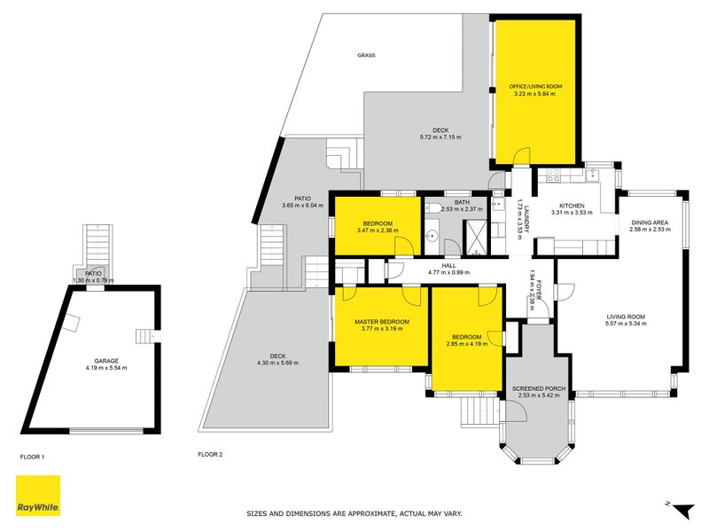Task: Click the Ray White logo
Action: click(x=38, y=496)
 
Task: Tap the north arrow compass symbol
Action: click(x=682, y=509)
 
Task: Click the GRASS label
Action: click(x=366, y=55)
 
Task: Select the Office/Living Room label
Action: click(x=535, y=86)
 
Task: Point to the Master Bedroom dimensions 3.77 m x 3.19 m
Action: click(x=382, y=329)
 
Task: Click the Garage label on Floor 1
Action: click(x=106, y=361)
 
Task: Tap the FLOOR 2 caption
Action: click(x=210, y=455)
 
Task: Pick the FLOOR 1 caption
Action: click(x=32, y=458)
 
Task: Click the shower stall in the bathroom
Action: click(x=476, y=237)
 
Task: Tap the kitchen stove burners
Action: click(x=553, y=176)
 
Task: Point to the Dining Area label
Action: click(x=650, y=223)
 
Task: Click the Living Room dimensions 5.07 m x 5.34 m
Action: click(x=627, y=324)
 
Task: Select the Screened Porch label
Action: click(x=539, y=388)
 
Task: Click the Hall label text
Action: click(x=449, y=265)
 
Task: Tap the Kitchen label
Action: click(x=572, y=206)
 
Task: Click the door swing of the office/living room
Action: click(x=521, y=156)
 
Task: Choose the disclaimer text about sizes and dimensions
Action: click(x=354, y=513)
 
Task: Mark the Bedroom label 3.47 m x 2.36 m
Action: click(x=378, y=227)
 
